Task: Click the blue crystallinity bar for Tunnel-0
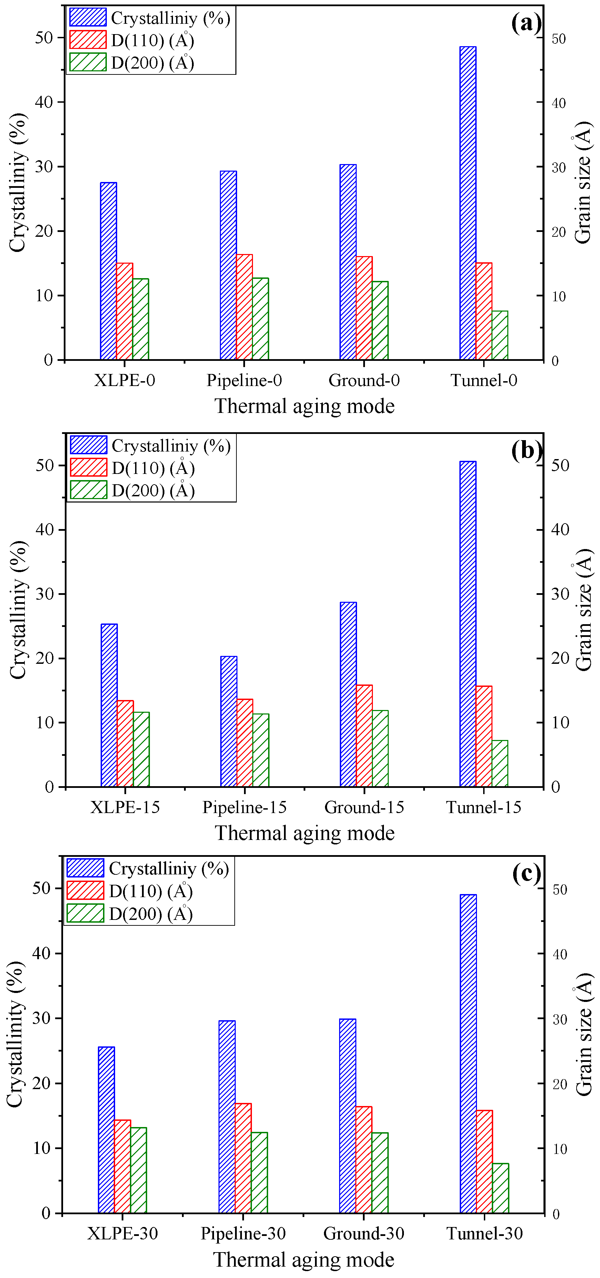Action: click(468, 203)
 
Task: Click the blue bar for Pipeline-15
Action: click(229, 721)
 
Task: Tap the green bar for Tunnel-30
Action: click(500, 1188)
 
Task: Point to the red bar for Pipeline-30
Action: click(243, 1158)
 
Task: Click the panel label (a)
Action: click(526, 23)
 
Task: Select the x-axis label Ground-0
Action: click(364, 381)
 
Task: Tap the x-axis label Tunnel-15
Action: click(484, 807)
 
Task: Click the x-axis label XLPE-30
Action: click(123, 1233)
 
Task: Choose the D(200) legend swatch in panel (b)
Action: click(88, 490)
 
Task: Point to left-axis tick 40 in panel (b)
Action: click(45, 529)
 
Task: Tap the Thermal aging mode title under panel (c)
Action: click(304, 1260)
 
